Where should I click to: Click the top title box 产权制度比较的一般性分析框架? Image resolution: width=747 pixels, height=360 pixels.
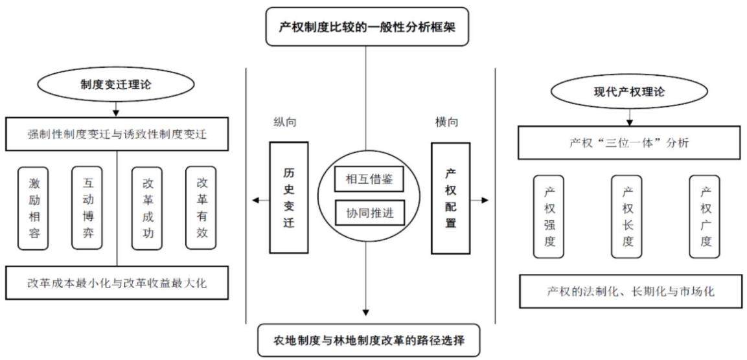point(367,27)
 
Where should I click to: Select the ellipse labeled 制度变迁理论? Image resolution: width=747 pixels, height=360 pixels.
point(115,84)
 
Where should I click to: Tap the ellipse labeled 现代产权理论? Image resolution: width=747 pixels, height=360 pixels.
point(629,91)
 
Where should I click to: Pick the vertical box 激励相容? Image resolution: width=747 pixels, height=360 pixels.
point(34,208)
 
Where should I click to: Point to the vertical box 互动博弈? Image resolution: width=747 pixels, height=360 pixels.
point(87,208)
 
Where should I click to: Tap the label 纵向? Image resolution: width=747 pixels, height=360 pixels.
point(285,122)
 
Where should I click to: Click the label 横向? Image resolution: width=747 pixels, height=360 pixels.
point(447,122)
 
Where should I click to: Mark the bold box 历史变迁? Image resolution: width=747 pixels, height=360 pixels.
point(289,197)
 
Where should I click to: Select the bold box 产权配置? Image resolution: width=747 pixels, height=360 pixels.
point(451,197)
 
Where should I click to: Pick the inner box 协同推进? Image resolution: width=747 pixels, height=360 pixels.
point(370,213)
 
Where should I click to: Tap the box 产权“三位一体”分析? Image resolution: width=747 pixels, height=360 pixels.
point(629,143)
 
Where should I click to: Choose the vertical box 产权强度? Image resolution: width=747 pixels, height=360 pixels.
point(549,217)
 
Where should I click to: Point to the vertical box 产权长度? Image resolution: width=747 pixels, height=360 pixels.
point(626,217)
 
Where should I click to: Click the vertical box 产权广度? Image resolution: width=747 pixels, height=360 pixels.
point(705,217)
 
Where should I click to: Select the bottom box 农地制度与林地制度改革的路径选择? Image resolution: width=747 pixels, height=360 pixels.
point(369,341)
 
